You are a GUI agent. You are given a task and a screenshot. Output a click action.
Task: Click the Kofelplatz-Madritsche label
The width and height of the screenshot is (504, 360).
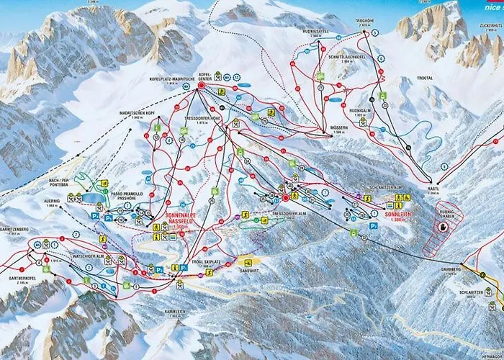[x=168, y=79]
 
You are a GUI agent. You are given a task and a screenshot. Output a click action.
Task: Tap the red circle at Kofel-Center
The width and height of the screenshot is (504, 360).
[x=202, y=86]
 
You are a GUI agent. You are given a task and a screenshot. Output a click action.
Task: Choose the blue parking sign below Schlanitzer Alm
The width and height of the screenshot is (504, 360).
[x=373, y=225]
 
